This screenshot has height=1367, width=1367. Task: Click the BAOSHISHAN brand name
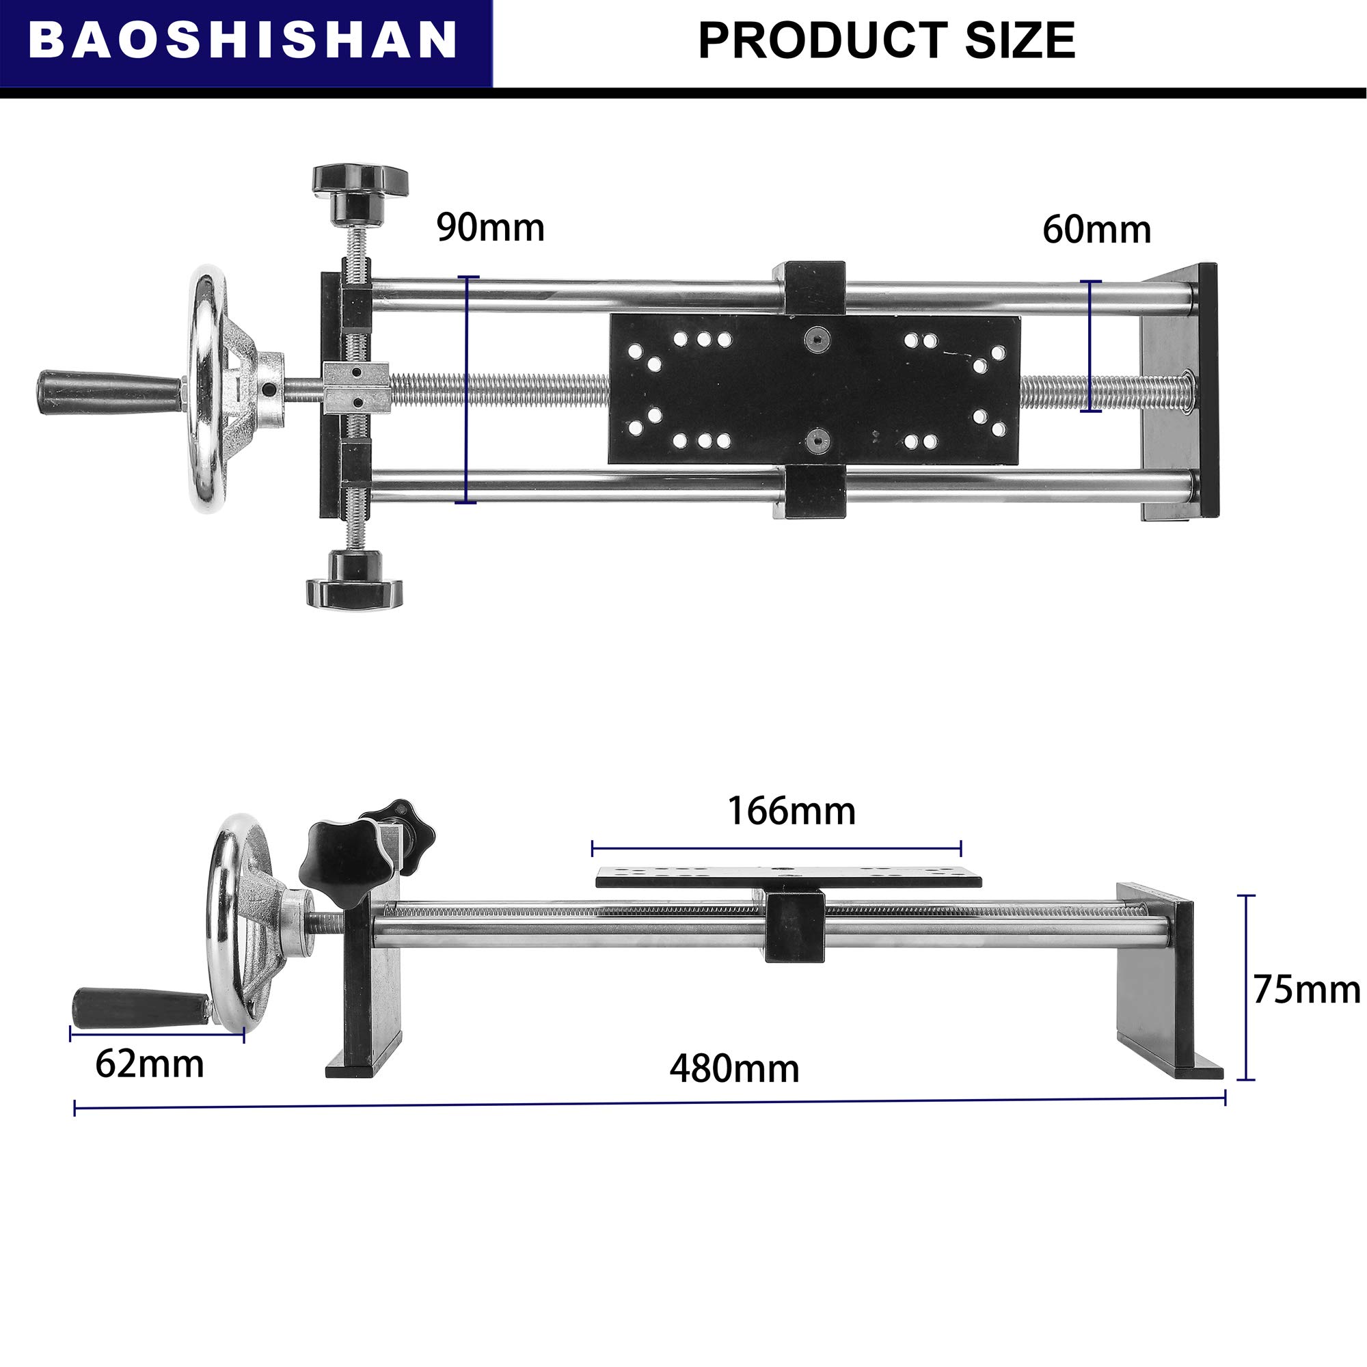pyautogui.click(x=243, y=40)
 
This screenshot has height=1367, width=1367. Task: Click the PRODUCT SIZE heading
pyautogui.click(x=886, y=40)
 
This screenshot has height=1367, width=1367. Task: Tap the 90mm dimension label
pyautogui.click(x=489, y=228)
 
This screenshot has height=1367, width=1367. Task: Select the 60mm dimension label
pyautogui.click(x=1096, y=230)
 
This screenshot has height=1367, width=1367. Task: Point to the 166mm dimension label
pyautogui.click(x=791, y=811)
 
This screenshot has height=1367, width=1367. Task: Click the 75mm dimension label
pyautogui.click(x=1306, y=989)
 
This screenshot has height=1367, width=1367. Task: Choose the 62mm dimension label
pyautogui.click(x=149, y=1064)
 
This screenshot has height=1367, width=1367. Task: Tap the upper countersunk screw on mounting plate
pyautogui.click(x=818, y=339)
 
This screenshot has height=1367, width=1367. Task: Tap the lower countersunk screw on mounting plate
pyautogui.click(x=820, y=442)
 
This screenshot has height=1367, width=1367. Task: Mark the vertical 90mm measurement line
pyautogui.click(x=467, y=389)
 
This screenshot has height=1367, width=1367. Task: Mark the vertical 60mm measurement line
pyautogui.click(x=1090, y=347)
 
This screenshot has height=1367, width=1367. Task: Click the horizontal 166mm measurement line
pyautogui.click(x=776, y=848)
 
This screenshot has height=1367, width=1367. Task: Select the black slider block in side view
pyautogui.click(x=795, y=926)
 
